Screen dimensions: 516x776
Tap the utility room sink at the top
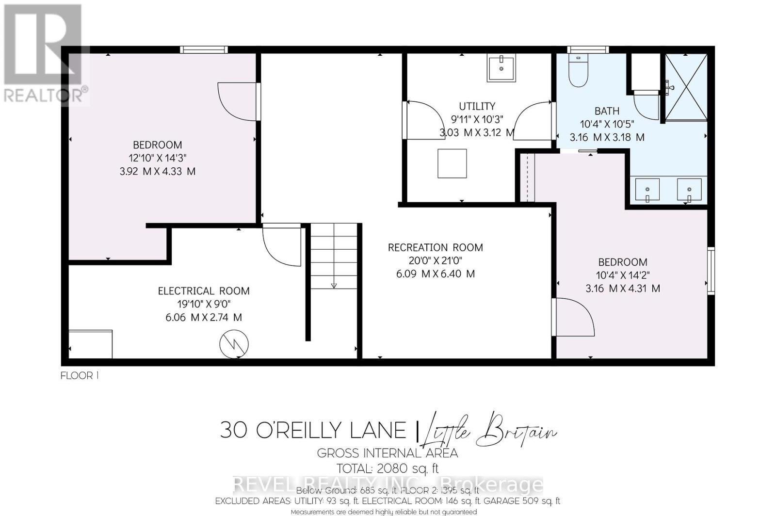[x=501, y=68]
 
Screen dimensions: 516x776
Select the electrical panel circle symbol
[x=234, y=343]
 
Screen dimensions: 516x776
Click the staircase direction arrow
[x=334, y=285]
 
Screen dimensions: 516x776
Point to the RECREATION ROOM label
[x=435, y=248]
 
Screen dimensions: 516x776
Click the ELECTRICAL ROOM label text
[x=204, y=291]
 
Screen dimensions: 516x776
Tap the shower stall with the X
[x=686, y=87]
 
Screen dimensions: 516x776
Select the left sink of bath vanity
[x=647, y=190]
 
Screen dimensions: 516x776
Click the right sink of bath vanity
[x=689, y=190]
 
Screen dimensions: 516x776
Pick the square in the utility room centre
[x=452, y=163]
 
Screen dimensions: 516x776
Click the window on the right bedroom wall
[x=711, y=271]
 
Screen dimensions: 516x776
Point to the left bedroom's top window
[x=203, y=49]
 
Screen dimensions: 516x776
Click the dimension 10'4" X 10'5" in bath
[x=607, y=124]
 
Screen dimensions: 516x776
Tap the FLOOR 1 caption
[x=79, y=375]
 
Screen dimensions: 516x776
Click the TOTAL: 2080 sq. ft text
[x=388, y=468]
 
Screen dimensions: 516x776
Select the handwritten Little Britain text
[x=490, y=430]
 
